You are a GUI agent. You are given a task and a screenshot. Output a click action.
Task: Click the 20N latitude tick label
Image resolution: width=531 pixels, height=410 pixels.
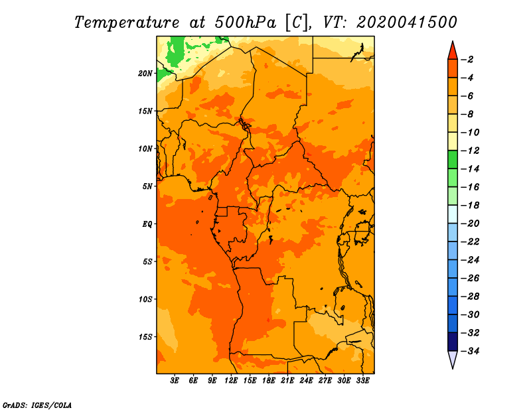[x=145, y=74]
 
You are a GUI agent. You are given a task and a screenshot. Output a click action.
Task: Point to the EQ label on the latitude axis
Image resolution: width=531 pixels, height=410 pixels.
[x=147, y=224]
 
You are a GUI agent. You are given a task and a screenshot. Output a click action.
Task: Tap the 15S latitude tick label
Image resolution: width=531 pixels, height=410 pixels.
[x=145, y=337]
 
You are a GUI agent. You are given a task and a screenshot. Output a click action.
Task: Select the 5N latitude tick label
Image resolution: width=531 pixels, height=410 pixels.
[x=147, y=186]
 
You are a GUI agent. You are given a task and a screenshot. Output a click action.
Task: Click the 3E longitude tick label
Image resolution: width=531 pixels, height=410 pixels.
[x=175, y=381]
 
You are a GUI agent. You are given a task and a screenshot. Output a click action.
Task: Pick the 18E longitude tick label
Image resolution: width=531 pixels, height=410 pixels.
[x=269, y=381]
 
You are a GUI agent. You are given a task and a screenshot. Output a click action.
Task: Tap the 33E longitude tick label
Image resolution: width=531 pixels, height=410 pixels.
[x=362, y=381]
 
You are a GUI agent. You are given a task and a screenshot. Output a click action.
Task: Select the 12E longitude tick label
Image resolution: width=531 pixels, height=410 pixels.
[x=231, y=381]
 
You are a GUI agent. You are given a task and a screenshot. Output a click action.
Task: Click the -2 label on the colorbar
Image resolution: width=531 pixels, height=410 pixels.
[x=468, y=60]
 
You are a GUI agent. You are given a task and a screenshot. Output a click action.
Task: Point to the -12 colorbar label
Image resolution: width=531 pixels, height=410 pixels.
[x=471, y=151]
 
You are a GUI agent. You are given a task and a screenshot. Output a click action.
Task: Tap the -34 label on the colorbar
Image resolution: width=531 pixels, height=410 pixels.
[x=471, y=351]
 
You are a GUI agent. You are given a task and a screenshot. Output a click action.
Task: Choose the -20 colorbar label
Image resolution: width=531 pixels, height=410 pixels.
[x=471, y=224]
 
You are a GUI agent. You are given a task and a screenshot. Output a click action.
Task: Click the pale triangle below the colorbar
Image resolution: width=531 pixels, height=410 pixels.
[x=453, y=358]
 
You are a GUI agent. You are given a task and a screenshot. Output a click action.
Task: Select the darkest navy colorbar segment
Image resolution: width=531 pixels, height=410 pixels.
[x=453, y=342]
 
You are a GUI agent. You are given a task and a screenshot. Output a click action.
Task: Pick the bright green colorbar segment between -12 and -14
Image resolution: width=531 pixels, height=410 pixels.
[x=453, y=160]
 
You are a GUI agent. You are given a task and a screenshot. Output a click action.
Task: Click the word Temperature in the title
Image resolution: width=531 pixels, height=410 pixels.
[x=127, y=23]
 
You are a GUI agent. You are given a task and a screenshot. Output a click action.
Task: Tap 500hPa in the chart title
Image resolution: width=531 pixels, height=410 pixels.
[x=246, y=23]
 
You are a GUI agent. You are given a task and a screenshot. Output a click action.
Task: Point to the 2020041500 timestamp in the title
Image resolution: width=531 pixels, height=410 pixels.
[x=407, y=23]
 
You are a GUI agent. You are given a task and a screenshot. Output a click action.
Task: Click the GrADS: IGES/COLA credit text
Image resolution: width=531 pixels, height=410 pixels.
[x=37, y=405]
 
